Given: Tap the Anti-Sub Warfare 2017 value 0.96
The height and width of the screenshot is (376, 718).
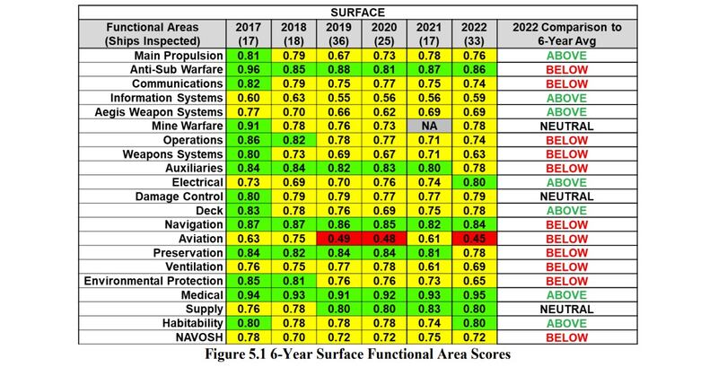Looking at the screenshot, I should [242, 68].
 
